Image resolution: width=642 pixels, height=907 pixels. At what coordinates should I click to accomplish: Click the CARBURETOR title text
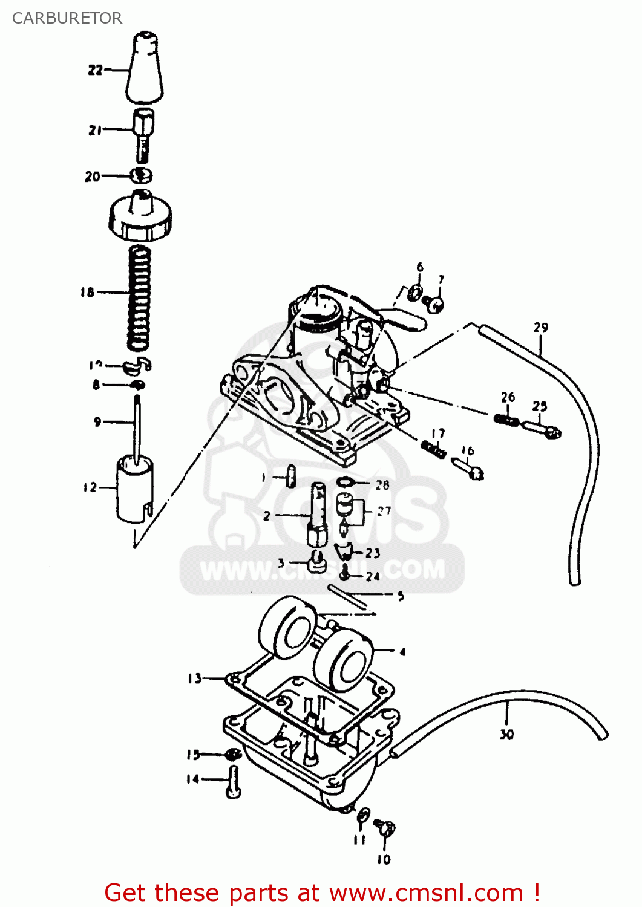[67, 18]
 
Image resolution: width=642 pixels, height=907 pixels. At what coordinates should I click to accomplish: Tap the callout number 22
[95, 70]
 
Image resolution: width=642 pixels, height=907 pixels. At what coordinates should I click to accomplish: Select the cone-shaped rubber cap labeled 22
[145, 70]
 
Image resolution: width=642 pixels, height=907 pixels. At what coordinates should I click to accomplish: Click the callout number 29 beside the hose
[540, 328]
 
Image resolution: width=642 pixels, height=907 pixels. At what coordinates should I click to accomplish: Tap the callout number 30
[506, 734]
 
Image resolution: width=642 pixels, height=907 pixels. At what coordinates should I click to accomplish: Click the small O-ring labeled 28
[345, 483]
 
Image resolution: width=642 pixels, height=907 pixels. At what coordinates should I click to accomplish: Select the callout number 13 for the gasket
[194, 678]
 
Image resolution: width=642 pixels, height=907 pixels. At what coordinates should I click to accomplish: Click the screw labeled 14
[234, 782]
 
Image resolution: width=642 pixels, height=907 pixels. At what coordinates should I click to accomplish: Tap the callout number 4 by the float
[402, 652]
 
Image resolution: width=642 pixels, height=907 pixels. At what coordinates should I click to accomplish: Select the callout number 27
[384, 511]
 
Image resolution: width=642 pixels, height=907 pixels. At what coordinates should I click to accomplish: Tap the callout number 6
[420, 267]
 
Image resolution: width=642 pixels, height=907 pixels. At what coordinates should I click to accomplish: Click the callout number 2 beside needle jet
[266, 516]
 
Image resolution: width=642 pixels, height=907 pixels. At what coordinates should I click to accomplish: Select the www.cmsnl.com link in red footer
[425, 892]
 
